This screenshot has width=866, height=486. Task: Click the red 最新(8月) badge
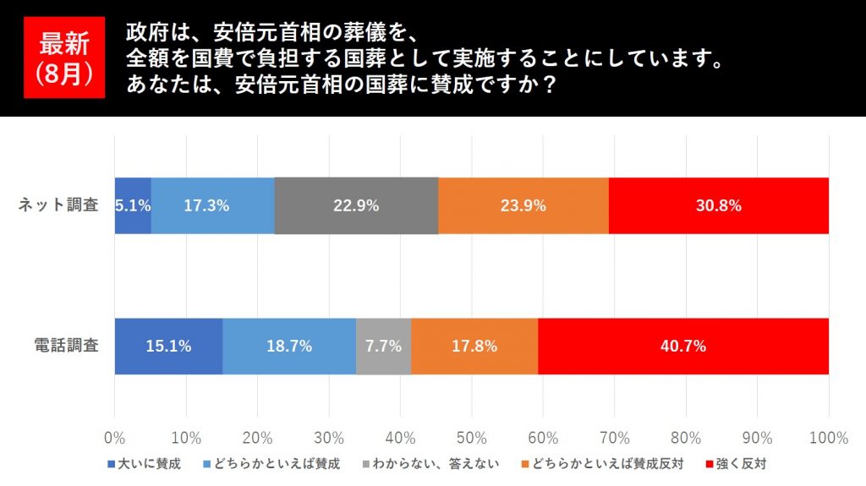click(64, 57)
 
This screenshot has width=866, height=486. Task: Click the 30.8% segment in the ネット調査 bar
click(718, 205)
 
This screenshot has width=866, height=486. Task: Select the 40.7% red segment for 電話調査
click(683, 346)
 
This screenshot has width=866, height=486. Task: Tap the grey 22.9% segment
click(356, 205)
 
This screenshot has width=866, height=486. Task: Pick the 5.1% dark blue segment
click(133, 205)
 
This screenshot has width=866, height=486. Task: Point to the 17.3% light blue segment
click(212, 205)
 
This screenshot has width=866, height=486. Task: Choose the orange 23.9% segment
click(523, 205)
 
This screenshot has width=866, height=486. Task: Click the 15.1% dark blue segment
click(168, 346)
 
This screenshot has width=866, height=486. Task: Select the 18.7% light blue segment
click(289, 346)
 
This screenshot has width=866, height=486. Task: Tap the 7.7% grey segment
click(383, 346)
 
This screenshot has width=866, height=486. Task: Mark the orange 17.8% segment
click(474, 346)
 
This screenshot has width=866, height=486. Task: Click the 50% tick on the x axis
click(471, 438)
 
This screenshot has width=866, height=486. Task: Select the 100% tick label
click(828, 438)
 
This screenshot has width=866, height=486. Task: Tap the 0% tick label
click(114, 438)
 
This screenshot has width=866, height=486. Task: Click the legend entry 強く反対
click(735, 463)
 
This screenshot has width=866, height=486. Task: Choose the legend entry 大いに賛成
click(144, 463)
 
